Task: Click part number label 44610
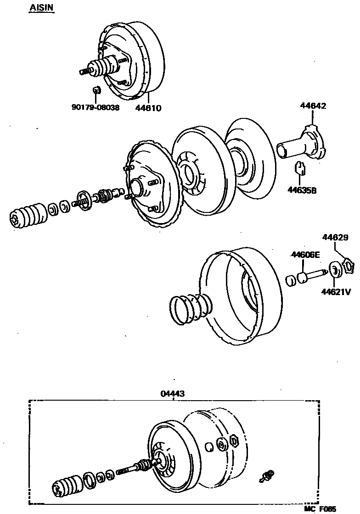coord(148,108)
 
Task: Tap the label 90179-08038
coord(95,108)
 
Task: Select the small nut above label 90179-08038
coord(96,90)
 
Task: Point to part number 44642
coord(313,106)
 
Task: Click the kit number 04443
coord(173,393)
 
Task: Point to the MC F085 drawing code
coord(320,508)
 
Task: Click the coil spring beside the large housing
coord(189,308)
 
